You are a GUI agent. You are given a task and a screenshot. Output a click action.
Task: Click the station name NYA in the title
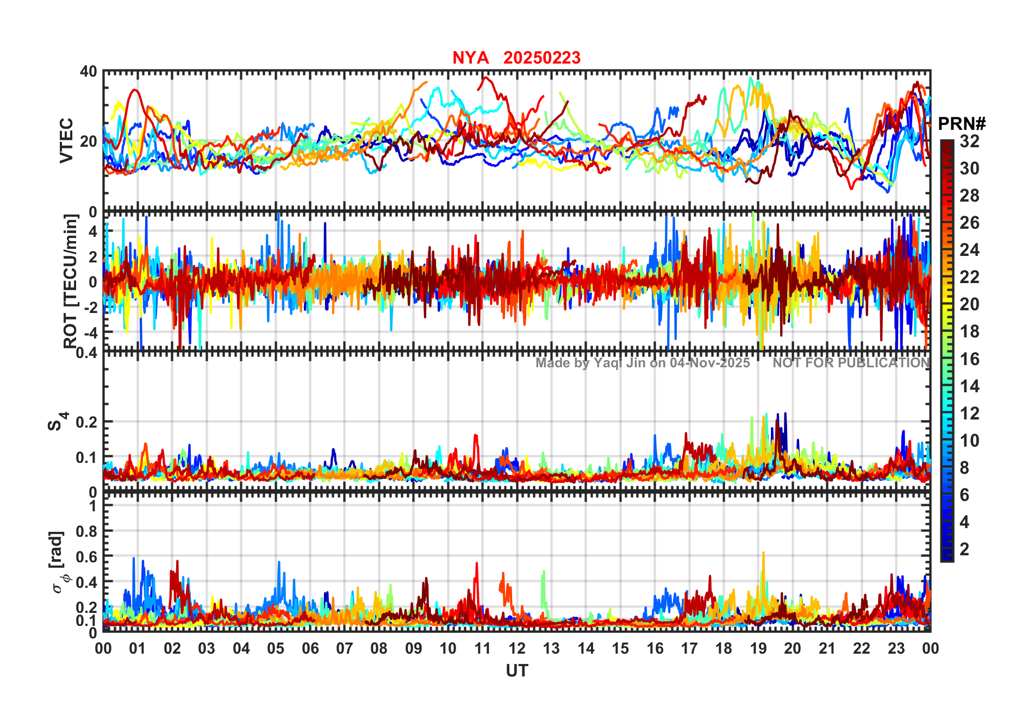point(470,58)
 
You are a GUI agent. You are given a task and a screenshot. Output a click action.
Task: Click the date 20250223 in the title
point(541,58)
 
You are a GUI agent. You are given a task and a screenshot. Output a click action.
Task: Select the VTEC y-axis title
point(66,140)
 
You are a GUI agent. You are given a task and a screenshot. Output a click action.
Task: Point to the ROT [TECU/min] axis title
point(71,281)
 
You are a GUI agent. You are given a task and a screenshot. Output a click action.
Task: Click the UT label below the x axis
point(516,671)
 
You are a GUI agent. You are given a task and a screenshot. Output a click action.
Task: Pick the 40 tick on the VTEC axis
point(89,72)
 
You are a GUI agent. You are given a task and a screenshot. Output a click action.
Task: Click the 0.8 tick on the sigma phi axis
point(86,531)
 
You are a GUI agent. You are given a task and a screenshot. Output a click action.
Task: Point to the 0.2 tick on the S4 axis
point(86,422)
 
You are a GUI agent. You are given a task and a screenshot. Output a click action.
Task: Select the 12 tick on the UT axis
point(517,649)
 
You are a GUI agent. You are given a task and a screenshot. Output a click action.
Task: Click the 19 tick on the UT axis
point(758,649)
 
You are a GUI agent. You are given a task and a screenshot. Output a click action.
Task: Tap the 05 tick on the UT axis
point(276,649)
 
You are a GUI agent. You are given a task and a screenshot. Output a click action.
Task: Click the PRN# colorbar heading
point(962,124)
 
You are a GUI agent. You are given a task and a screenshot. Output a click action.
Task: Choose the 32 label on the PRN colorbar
point(969,141)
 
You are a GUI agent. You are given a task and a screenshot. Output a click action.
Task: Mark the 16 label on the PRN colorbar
point(969,359)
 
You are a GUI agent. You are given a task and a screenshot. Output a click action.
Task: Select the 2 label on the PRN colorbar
point(964,549)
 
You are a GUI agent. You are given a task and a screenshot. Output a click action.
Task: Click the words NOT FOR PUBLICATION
point(851,363)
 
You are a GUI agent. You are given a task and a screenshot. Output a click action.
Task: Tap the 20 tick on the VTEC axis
point(89,141)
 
